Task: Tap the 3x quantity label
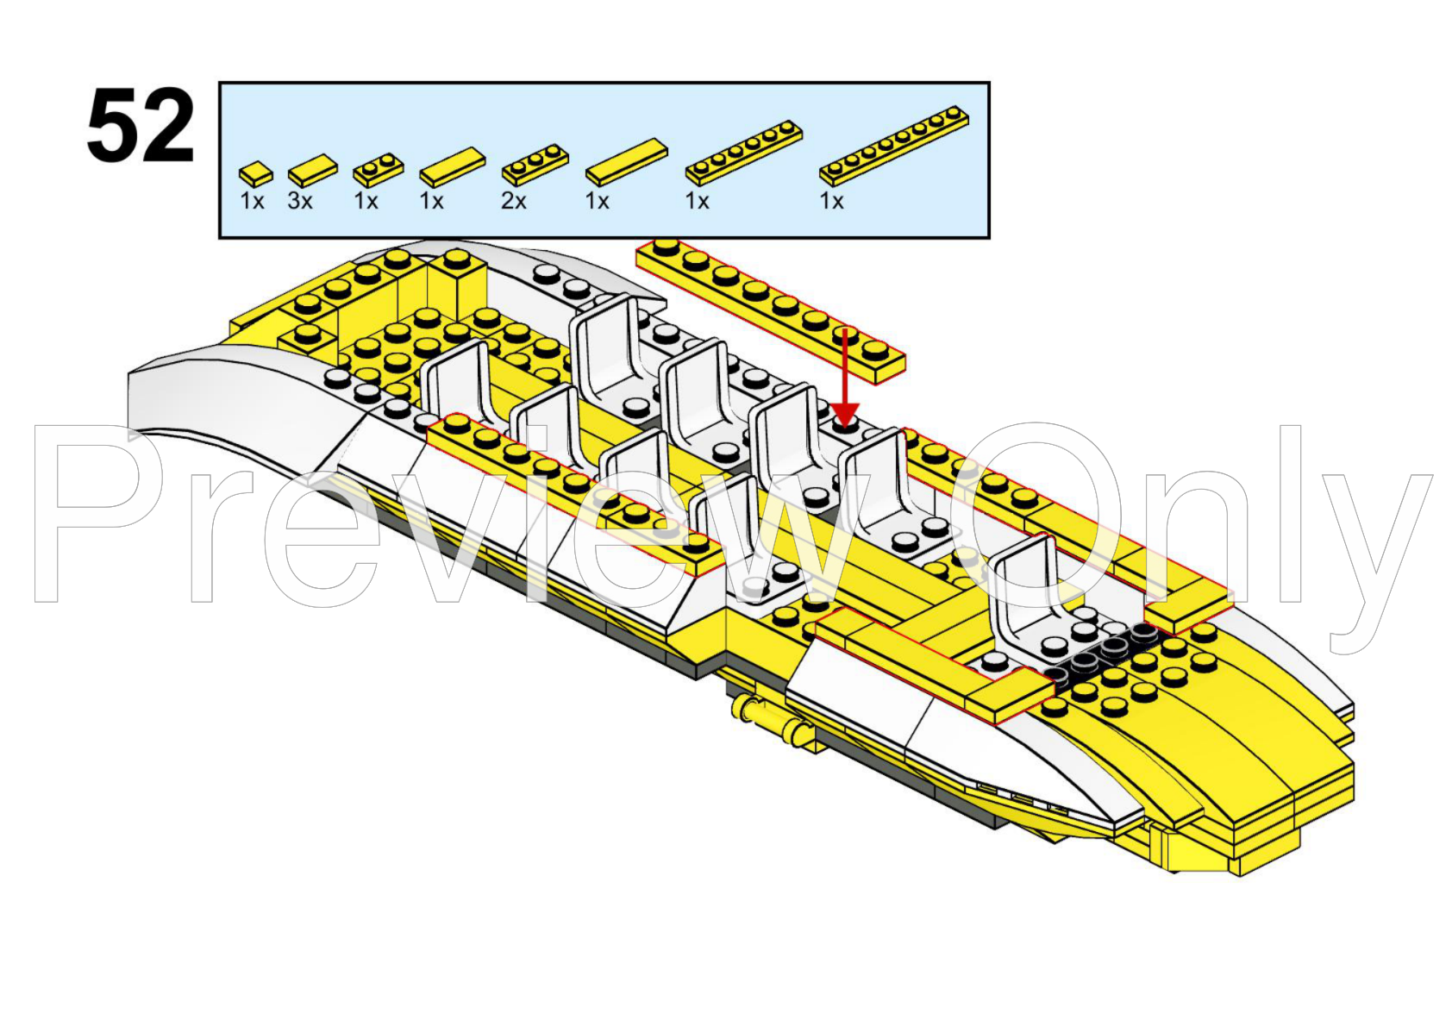[300, 202]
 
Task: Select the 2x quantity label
[514, 202]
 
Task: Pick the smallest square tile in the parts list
[256, 173]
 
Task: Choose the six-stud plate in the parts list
[744, 153]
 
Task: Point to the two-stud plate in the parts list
[379, 170]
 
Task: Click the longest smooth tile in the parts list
[627, 162]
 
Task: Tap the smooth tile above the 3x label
[313, 171]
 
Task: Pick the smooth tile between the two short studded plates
[453, 167]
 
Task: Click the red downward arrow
[846, 378]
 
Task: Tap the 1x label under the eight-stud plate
[831, 202]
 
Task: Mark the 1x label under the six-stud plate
[697, 202]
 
